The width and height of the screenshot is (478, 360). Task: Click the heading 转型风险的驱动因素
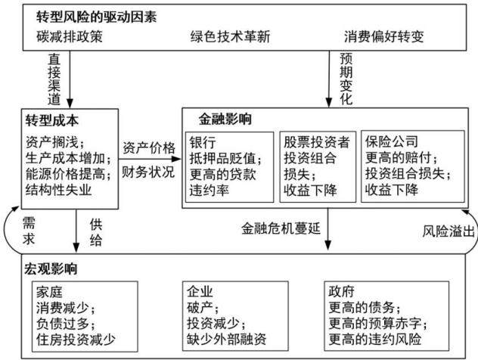click(96, 17)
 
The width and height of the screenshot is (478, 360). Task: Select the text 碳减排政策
click(70, 36)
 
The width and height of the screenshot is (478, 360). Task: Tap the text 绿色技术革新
click(230, 36)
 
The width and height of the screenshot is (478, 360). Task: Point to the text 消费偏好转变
click(383, 36)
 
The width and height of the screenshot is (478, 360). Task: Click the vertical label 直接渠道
click(54, 79)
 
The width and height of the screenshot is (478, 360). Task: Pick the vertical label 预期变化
click(346, 79)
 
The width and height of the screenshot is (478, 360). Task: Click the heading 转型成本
click(52, 121)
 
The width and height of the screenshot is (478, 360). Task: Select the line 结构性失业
click(58, 190)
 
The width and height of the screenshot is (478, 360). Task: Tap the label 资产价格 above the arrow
click(149, 148)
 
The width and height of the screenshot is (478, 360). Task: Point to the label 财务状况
click(148, 172)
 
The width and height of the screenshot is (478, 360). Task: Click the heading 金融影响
click(225, 119)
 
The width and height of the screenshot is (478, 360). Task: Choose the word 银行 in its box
click(203, 142)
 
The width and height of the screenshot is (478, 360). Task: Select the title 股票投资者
click(317, 142)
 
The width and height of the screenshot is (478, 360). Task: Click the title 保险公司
click(392, 141)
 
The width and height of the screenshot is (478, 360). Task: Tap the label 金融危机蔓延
click(281, 228)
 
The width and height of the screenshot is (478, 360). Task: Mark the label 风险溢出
click(449, 231)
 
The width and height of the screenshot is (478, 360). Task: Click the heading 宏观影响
click(51, 268)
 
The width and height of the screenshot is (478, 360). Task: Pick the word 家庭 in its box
click(49, 292)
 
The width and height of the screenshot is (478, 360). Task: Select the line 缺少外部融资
click(226, 339)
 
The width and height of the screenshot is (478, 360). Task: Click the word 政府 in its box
click(341, 291)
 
